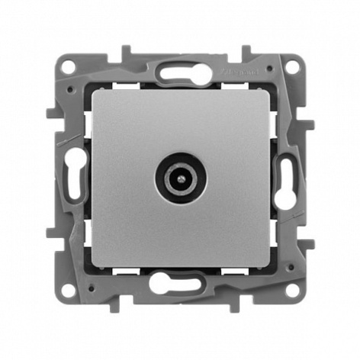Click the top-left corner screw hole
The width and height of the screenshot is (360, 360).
69,66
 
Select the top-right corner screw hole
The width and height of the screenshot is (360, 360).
291,66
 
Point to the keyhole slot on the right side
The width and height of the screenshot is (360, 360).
286,180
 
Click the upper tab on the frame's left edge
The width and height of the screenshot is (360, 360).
50,114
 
